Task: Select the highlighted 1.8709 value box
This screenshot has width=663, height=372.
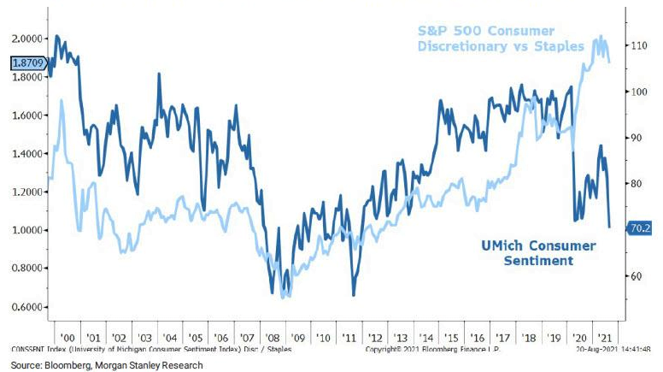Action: coord(28,62)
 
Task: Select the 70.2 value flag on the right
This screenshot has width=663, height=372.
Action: coord(641,229)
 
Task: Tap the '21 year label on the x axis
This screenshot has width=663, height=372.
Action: coord(604,338)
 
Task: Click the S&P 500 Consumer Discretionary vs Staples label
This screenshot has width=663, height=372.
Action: coord(500,38)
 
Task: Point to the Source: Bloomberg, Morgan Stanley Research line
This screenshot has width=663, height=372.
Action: coord(106,365)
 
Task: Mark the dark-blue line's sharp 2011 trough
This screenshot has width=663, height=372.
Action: coord(354,295)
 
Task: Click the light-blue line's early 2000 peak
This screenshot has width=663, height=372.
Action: coord(62,101)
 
